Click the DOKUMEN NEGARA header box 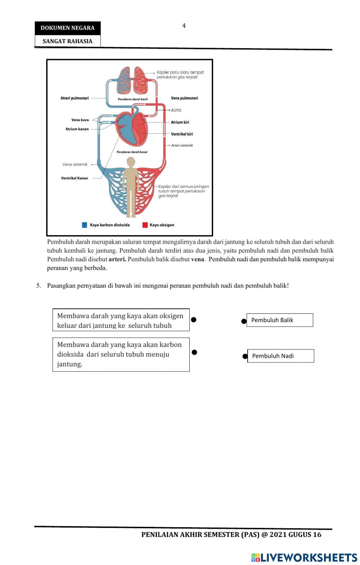pyautogui.click(x=67, y=28)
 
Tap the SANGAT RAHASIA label pyautogui.click(x=67, y=41)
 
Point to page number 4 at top pyautogui.click(x=184, y=26)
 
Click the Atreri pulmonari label pyautogui.click(x=75, y=98)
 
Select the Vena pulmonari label pyautogui.click(x=184, y=98)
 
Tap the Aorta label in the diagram pyautogui.click(x=176, y=110)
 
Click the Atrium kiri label pyautogui.click(x=180, y=122)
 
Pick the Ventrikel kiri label pyautogui.click(x=182, y=134)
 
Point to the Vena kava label pyautogui.click(x=80, y=120)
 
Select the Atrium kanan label pyautogui.click(x=77, y=129)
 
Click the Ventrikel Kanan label pyautogui.click(x=75, y=178)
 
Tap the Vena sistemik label pyautogui.click(x=75, y=164)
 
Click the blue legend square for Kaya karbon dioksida pyautogui.click(x=85, y=225)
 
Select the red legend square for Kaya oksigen pyautogui.click(x=145, y=225)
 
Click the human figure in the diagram pyautogui.click(x=131, y=187)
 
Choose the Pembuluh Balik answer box pyautogui.click(x=280, y=320)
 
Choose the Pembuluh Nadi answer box pyautogui.click(x=280, y=356)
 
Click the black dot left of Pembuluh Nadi pyautogui.click(x=245, y=356)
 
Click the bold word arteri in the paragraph pyautogui.click(x=117, y=259)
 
